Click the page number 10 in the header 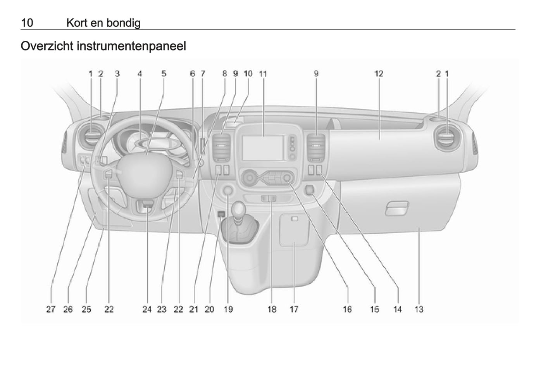27,23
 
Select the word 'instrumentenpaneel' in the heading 131,46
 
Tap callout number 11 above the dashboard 263,74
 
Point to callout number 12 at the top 379,74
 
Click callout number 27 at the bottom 51,310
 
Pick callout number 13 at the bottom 419,310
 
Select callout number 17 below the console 294,310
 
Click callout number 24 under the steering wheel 147,310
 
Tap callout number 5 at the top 164,74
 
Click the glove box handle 397,208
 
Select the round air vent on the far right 447,138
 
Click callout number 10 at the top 248,74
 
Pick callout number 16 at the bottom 347,310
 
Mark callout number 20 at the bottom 210,310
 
